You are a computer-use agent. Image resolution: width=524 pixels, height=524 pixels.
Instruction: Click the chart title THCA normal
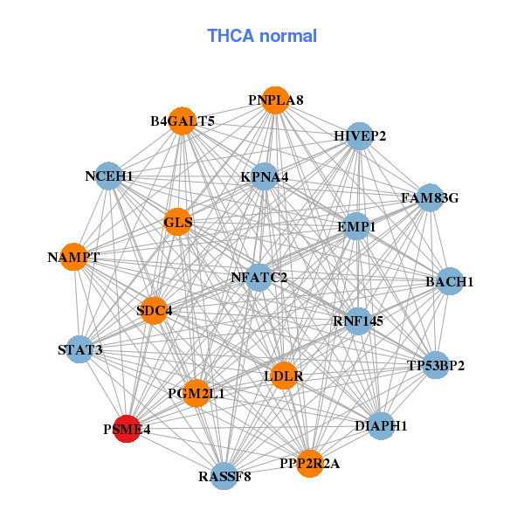(x=261, y=36)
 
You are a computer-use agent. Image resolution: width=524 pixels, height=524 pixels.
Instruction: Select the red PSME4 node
(x=128, y=429)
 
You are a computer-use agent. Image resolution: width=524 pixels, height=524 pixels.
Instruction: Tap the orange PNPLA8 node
(x=275, y=100)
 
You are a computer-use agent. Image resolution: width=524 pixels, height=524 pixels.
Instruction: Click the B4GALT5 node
(x=183, y=121)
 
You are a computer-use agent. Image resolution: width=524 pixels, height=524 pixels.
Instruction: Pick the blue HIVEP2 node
(x=359, y=135)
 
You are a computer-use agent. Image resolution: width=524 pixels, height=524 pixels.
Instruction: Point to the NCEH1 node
(x=108, y=176)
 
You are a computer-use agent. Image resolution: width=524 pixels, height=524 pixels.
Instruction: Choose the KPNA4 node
(x=265, y=177)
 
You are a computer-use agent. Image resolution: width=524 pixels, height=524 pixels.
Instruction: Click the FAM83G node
(x=430, y=198)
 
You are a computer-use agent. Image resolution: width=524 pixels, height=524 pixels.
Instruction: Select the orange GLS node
(x=177, y=222)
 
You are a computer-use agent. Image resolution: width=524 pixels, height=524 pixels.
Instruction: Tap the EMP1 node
(x=356, y=226)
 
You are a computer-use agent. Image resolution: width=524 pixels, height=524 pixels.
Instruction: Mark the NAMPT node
(x=73, y=258)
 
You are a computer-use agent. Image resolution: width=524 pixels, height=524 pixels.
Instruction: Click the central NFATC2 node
(x=259, y=278)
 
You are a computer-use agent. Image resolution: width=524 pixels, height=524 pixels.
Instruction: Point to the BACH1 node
(x=449, y=281)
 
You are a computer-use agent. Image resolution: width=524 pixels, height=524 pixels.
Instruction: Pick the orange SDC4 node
(x=154, y=310)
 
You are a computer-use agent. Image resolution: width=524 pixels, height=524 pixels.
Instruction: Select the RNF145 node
(x=358, y=321)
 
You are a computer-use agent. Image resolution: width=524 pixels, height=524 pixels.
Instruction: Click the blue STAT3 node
(x=80, y=351)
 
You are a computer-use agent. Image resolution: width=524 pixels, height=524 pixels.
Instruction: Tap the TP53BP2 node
(x=436, y=364)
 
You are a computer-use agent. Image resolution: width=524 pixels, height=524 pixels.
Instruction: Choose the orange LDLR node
(x=283, y=376)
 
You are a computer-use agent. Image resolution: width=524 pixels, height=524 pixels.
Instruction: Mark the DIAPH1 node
(x=381, y=426)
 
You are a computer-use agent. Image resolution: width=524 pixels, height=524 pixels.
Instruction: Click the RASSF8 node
(x=224, y=476)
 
